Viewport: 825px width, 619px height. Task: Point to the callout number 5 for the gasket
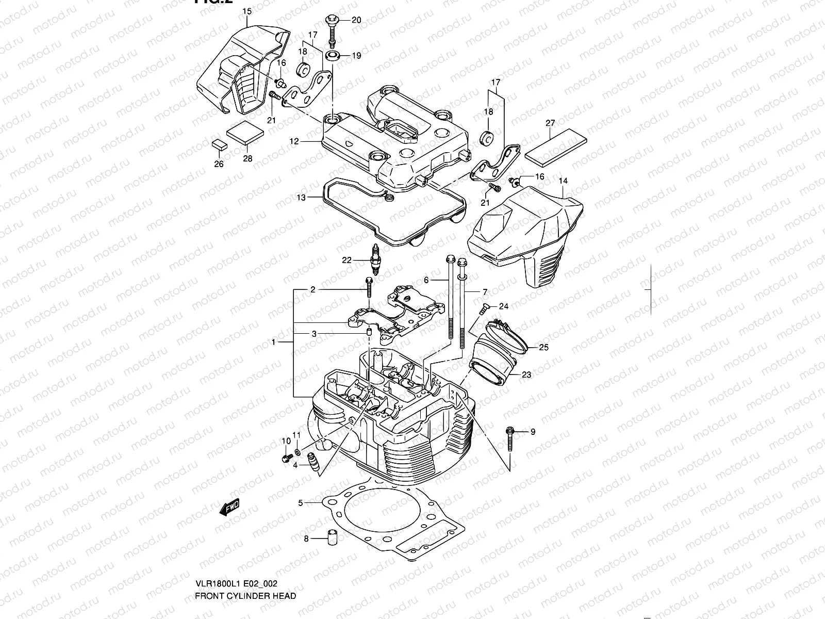(300, 502)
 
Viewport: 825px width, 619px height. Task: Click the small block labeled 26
(219, 144)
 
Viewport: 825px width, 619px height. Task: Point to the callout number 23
(526, 375)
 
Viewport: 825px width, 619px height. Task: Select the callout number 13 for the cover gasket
(301, 198)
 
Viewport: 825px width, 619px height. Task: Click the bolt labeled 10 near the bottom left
(285, 458)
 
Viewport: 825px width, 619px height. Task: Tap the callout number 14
(563, 181)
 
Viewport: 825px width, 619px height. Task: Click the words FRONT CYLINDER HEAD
(245, 596)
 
